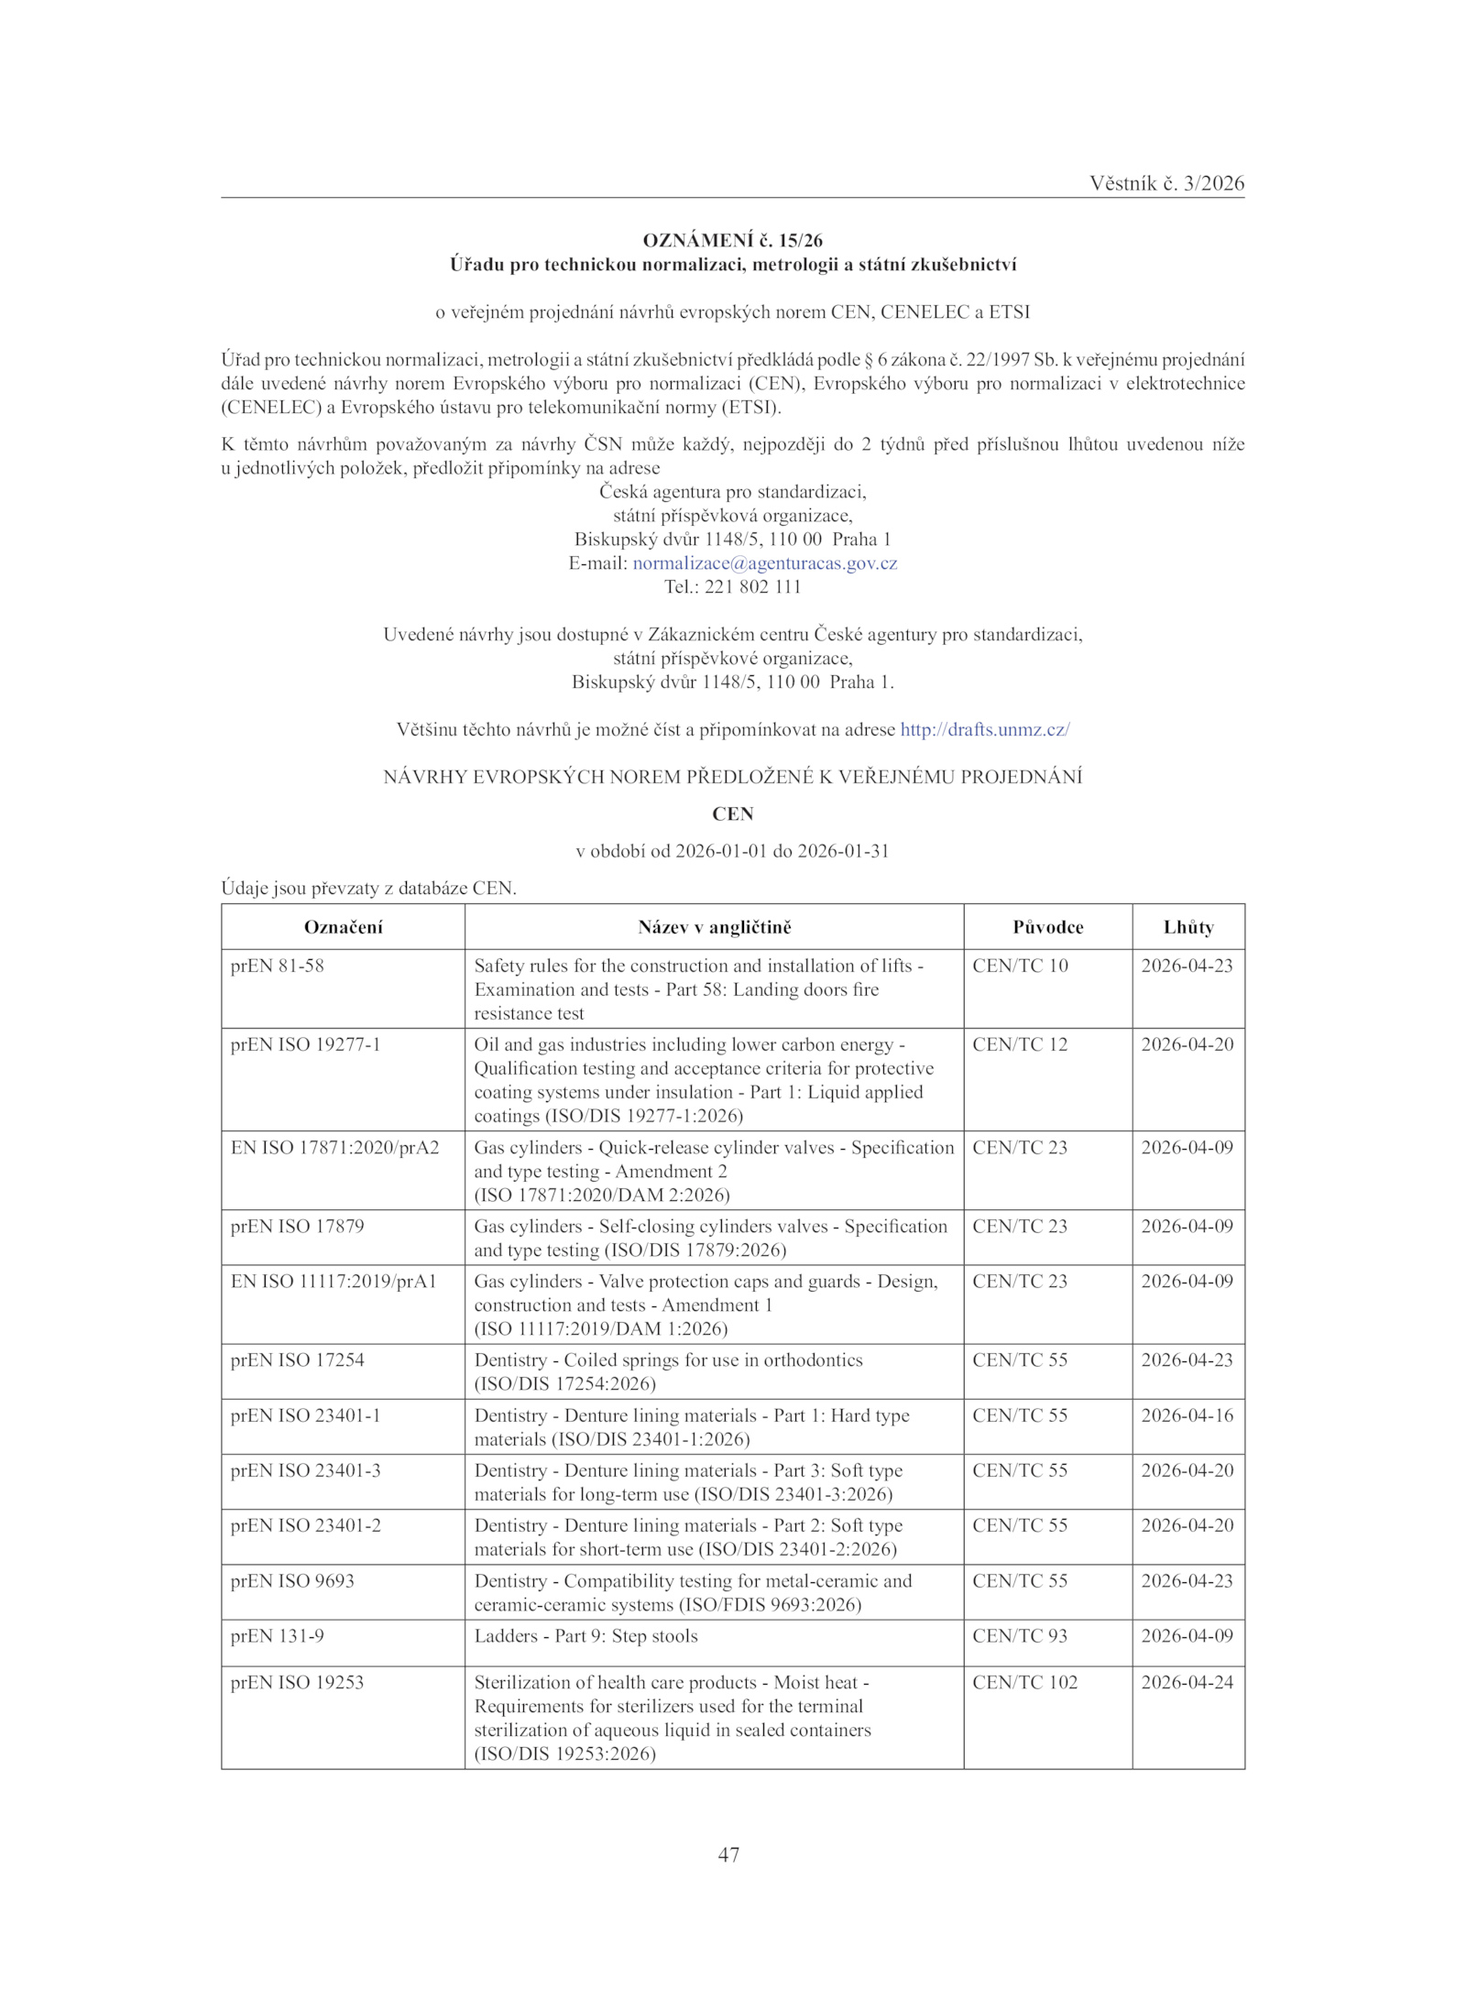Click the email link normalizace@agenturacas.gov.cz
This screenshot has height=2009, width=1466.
coord(765,563)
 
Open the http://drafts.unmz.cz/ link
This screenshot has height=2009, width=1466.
coord(985,730)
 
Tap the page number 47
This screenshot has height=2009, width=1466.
coord(729,1855)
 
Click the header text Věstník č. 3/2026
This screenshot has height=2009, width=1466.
coord(1166,183)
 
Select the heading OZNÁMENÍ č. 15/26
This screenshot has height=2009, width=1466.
coord(732,241)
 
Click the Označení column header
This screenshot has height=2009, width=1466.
coord(343,927)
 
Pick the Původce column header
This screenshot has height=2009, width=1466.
coord(1047,927)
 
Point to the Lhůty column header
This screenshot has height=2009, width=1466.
coord(1188,927)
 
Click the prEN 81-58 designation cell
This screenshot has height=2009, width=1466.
coord(278,966)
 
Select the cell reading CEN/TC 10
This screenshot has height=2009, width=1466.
coord(1020,966)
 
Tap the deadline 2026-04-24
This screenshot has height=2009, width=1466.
coord(1187,1682)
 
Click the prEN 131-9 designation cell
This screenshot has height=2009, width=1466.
coord(278,1635)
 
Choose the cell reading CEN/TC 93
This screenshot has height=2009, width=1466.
coord(1020,1635)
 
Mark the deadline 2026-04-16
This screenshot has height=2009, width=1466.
coord(1187,1415)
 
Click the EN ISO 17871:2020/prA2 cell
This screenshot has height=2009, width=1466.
coord(335,1147)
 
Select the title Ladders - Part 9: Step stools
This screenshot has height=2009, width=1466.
coord(585,1635)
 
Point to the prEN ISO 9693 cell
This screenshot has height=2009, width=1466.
coord(292,1580)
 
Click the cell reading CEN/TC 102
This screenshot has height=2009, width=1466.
coord(1025,1682)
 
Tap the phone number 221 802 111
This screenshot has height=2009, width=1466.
coord(752,587)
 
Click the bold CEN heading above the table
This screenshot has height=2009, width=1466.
coord(732,814)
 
